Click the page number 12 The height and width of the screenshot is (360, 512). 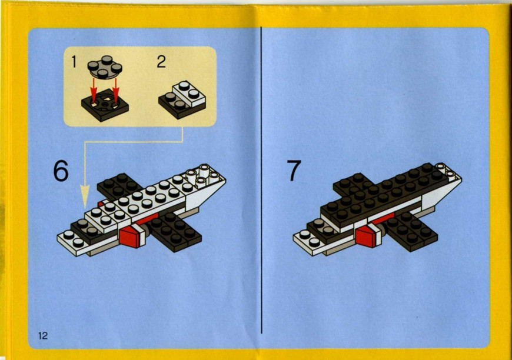tap(43, 335)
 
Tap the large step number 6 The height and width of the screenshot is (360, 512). tap(61, 172)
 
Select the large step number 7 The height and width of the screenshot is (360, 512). tap(294, 170)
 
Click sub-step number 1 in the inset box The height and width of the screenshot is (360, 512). tap(74, 62)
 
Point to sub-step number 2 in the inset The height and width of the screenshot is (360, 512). tap(161, 61)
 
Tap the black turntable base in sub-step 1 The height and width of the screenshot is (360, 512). tap(105, 104)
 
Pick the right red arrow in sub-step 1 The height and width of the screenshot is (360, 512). tap(115, 91)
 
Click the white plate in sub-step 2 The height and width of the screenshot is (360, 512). tap(189, 94)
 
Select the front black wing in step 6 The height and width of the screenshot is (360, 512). tap(175, 231)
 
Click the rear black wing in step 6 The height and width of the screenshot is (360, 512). tap(119, 185)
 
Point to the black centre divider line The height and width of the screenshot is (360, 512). tap(261, 180)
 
